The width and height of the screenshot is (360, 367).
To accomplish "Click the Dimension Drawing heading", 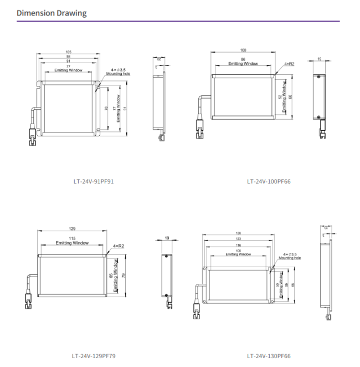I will pyautogui.click(x=52, y=13).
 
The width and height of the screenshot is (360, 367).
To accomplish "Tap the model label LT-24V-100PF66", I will pyautogui.click(x=269, y=181).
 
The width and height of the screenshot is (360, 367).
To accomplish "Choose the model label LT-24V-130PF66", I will pyautogui.click(x=269, y=356).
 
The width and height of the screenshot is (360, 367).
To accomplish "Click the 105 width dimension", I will pyautogui.click(x=69, y=52).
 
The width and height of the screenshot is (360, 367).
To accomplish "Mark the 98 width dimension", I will pyautogui.click(x=69, y=56).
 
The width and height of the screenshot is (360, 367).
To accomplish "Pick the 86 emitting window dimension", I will pyautogui.click(x=243, y=59).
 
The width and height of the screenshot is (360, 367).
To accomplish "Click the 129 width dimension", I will pyautogui.click(x=72, y=228).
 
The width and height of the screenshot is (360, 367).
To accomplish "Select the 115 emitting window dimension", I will pyautogui.click(x=72, y=238).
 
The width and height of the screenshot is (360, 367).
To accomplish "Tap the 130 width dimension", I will pyautogui.click(x=238, y=233).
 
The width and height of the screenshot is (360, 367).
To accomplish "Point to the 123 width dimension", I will pyautogui.click(x=238, y=238).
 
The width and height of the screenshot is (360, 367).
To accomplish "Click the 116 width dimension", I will pyautogui.click(x=238, y=244).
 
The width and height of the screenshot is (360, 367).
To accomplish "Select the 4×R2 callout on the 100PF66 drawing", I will pyautogui.click(x=289, y=64).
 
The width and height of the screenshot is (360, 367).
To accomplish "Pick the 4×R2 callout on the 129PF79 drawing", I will pyautogui.click(x=119, y=245).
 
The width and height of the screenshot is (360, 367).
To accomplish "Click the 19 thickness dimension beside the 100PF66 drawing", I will pyautogui.click(x=320, y=58).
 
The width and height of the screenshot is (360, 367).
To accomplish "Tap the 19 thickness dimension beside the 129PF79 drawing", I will pyautogui.click(x=167, y=238).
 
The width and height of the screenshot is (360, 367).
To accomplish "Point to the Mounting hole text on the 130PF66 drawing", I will pyautogui.click(x=290, y=258).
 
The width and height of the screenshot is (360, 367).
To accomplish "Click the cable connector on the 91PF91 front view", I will pyautogui.click(x=33, y=134).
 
